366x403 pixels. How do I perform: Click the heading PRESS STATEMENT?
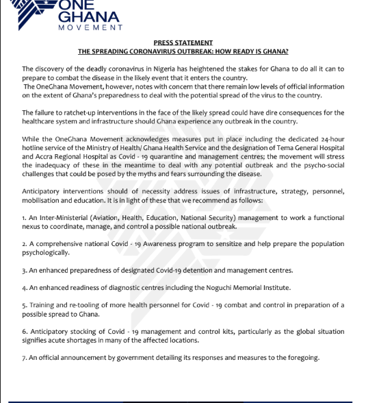[183, 43]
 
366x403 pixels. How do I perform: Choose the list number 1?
[24, 217]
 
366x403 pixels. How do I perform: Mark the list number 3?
[24, 270]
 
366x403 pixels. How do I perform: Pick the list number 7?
[24, 357]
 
